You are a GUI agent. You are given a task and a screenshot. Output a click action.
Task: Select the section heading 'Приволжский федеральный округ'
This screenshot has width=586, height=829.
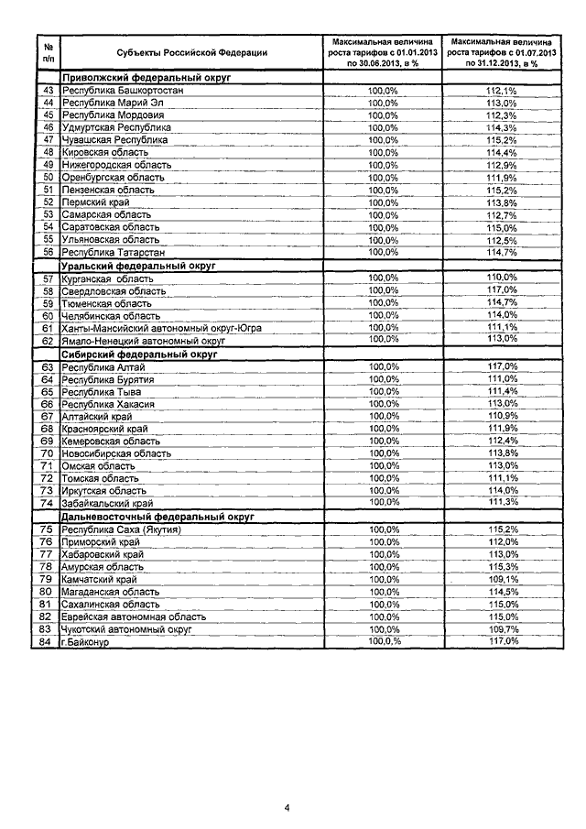[145, 79]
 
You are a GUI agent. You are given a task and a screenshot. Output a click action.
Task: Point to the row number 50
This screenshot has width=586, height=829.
[48, 177]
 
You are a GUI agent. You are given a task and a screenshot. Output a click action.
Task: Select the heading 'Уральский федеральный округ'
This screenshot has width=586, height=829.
[137, 265]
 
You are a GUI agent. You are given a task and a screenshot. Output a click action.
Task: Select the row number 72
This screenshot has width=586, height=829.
[48, 478]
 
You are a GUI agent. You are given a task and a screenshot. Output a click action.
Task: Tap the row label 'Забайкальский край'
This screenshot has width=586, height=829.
[106, 503]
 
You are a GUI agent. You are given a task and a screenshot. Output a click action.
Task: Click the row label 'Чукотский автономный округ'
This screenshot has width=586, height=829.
[126, 630]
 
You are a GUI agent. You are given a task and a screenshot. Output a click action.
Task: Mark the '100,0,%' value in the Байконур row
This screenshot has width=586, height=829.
[384, 642]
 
